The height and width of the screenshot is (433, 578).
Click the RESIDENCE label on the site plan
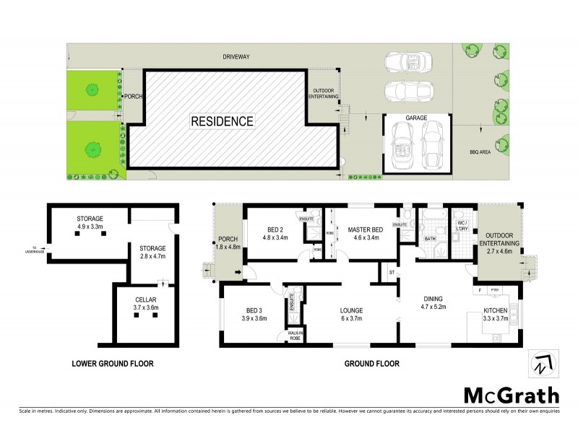click(x=222, y=121)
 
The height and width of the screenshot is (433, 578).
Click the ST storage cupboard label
click(x=391, y=272)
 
